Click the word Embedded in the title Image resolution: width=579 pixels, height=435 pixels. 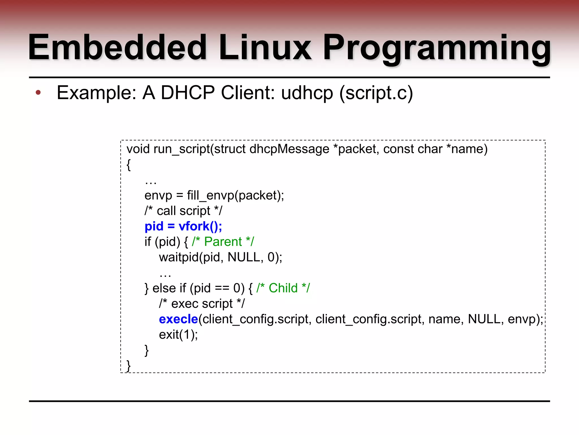click(117, 48)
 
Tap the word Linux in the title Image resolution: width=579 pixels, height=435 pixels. click(265, 48)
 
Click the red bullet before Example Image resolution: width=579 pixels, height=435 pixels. click(38, 93)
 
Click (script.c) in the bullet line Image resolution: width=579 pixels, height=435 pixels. click(376, 93)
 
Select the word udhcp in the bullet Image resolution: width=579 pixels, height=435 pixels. click(307, 93)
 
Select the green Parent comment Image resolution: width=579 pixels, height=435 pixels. click(223, 242)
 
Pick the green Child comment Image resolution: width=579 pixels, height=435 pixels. click(283, 288)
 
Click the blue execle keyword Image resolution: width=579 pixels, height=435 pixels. click(178, 319)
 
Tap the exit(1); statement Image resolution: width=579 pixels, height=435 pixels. click(178, 335)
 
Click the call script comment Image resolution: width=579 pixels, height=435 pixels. click(183, 211)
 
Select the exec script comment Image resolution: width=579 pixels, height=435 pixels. click(202, 304)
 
